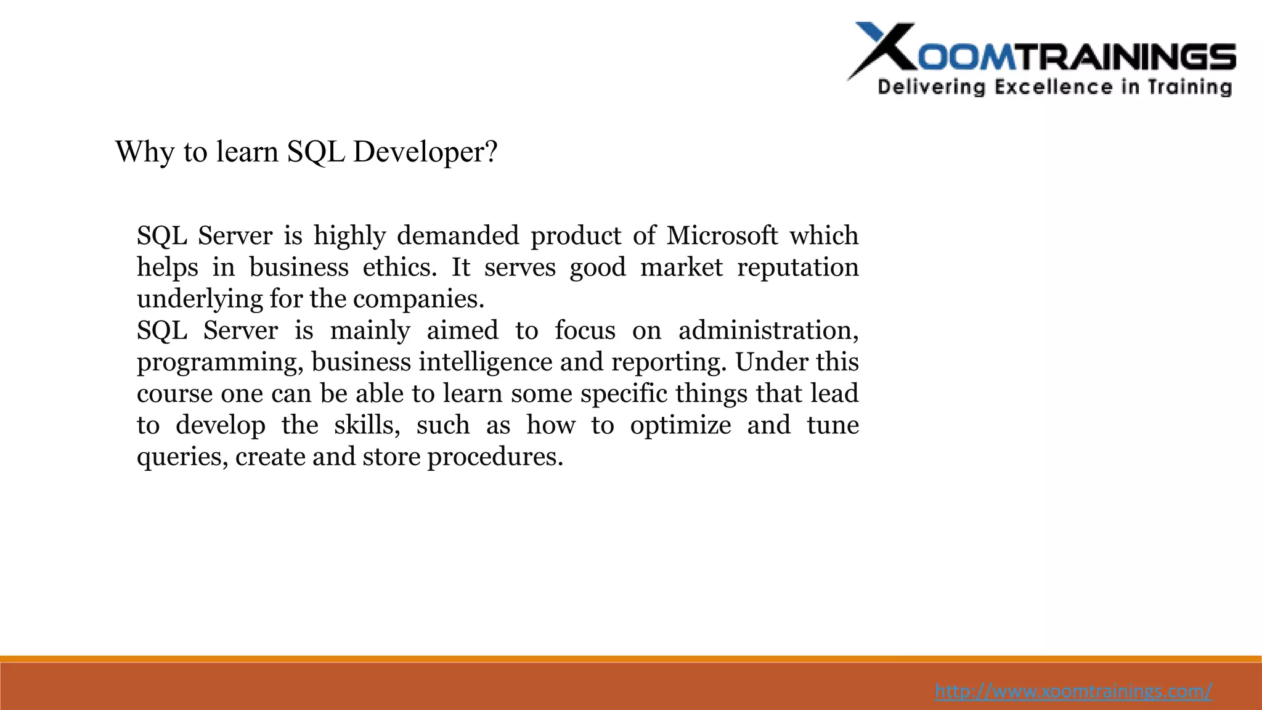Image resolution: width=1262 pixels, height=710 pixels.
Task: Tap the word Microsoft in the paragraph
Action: (722, 235)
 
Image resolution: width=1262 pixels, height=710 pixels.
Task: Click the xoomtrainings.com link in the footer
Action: (1073, 691)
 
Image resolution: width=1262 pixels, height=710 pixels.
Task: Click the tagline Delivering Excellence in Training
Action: (1054, 87)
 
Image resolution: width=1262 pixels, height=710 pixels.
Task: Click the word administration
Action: (768, 330)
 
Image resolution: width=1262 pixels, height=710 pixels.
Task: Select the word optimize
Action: (680, 425)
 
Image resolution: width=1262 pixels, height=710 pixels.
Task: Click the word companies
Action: (418, 299)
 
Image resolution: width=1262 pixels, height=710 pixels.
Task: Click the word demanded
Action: (457, 235)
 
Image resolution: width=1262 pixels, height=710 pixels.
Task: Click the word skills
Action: (366, 425)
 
